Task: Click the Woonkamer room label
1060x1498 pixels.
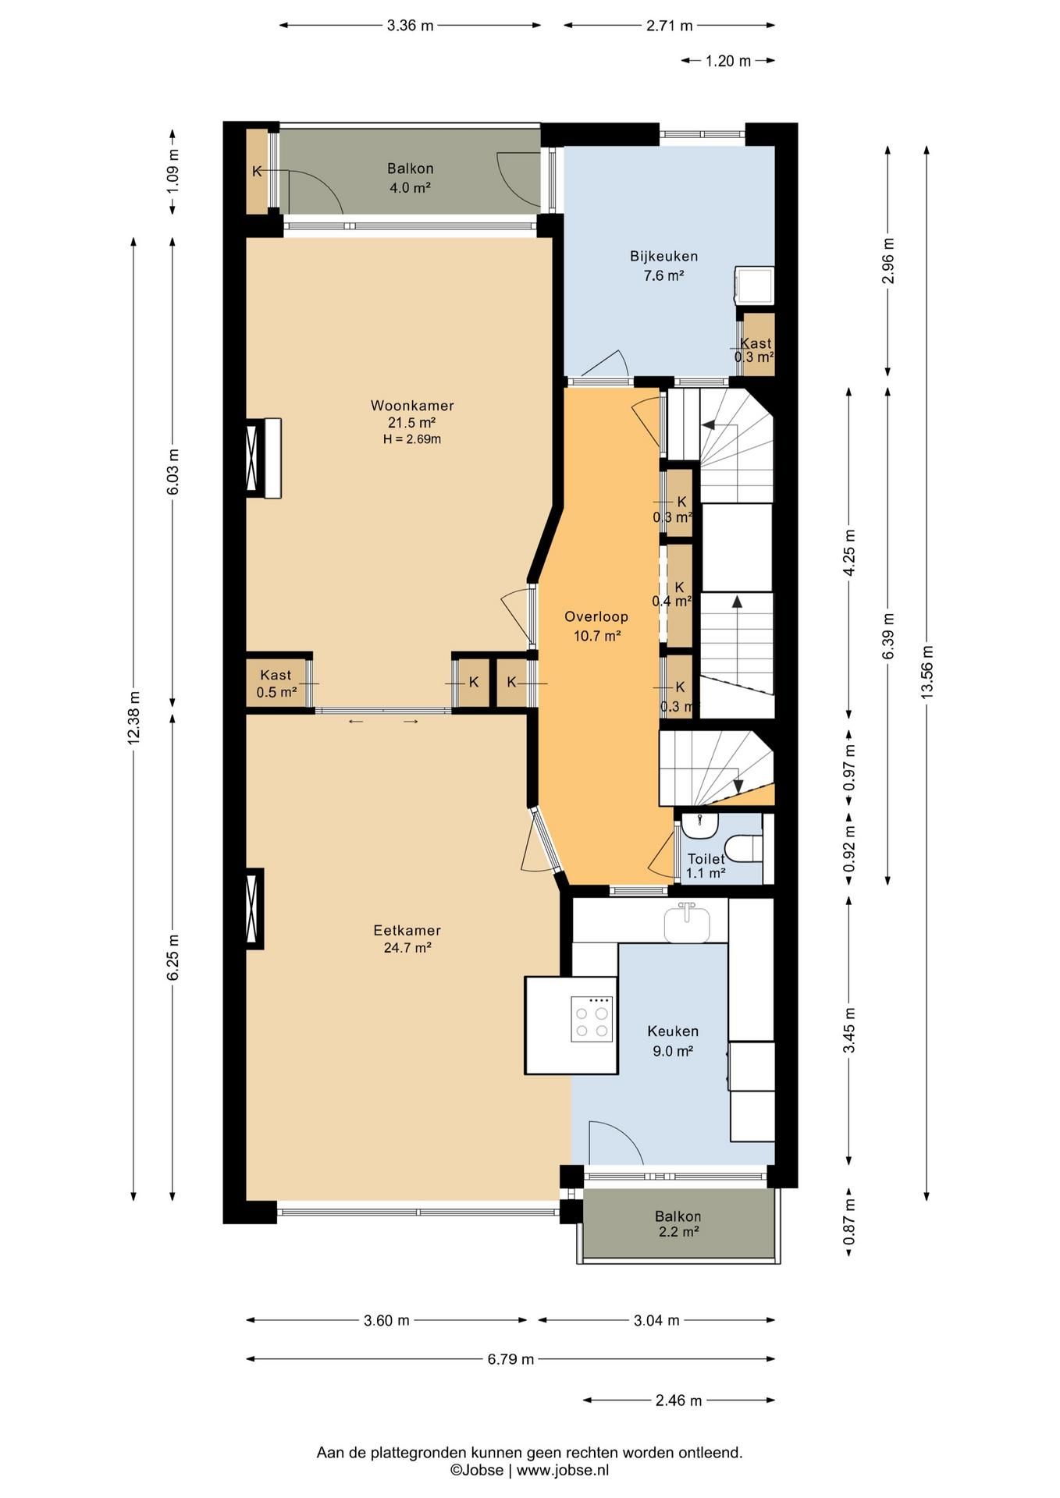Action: [412, 406]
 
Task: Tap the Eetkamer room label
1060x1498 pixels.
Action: [407, 931]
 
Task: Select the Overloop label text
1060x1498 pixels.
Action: [596, 617]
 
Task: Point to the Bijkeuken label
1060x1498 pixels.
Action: [663, 256]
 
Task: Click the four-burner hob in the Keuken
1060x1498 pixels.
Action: [591, 1019]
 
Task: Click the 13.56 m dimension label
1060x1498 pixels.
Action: [927, 672]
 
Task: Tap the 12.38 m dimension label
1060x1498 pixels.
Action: [134, 718]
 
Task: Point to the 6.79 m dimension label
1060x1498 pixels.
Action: [511, 1359]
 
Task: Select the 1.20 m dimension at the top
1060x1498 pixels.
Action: [728, 61]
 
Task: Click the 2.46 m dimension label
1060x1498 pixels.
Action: [679, 1400]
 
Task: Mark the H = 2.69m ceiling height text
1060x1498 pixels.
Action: [412, 439]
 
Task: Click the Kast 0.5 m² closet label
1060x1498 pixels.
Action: [276, 683]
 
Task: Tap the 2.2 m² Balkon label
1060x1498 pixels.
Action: [678, 1224]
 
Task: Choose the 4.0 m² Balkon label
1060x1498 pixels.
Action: [411, 178]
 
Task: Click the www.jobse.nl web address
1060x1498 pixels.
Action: [563, 1471]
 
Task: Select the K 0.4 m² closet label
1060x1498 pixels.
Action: [672, 594]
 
